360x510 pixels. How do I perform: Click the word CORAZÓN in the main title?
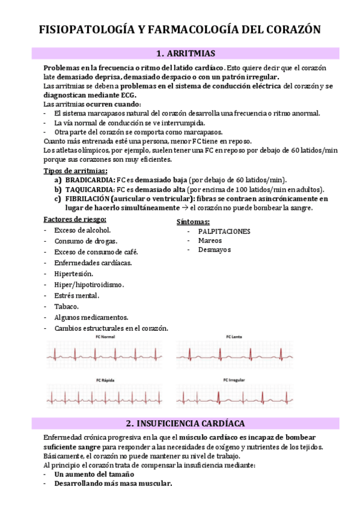[288, 29]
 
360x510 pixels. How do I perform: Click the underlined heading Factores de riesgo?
[75, 219]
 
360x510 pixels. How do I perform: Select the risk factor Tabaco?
[66, 306]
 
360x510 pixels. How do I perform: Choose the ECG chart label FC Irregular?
[234, 380]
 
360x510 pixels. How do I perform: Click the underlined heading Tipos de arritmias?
[72, 171]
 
